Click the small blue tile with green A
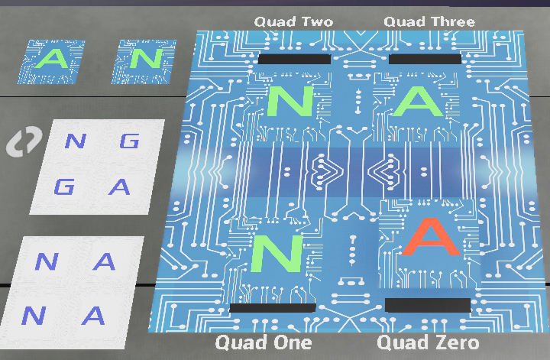(x=52, y=60)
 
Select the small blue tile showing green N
(x=139, y=60)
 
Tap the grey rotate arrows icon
(x=24, y=142)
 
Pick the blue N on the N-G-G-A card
(x=75, y=141)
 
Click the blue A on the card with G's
(x=118, y=186)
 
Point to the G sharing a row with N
(x=131, y=141)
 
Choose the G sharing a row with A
(x=64, y=186)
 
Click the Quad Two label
(x=293, y=21)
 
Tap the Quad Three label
(x=429, y=21)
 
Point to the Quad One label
(x=263, y=342)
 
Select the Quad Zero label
(x=428, y=342)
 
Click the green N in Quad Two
(x=289, y=102)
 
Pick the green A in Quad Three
(x=417, y=102)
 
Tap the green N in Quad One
(x=277, y=253)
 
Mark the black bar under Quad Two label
(x=295, y=59)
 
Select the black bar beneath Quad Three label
(x=425, y=59)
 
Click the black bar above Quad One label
(x=273, y=307)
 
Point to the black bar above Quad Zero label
(x=428, y=305)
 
